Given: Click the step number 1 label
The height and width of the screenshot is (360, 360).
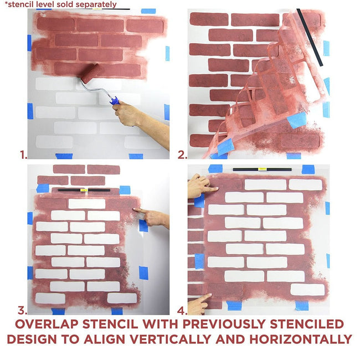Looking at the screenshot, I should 23,155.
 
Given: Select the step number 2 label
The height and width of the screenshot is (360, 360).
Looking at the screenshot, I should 182,155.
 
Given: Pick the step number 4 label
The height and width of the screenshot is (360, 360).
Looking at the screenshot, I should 182,311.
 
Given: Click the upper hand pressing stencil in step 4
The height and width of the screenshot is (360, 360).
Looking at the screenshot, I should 198,186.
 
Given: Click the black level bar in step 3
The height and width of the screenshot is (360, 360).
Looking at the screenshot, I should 83,189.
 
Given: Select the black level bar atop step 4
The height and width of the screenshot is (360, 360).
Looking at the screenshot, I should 262,168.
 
